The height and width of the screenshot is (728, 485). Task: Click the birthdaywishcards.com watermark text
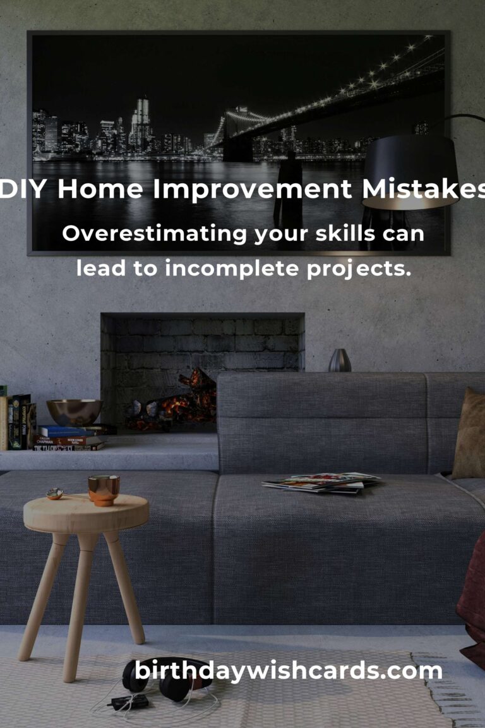tap(289, 670)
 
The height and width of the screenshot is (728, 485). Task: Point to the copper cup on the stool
tap(104, 490)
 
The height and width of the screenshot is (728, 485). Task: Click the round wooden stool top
tap(86, 512)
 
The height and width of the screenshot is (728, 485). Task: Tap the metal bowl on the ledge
tap(75, 412)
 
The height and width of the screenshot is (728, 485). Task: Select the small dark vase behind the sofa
tap(339, 360)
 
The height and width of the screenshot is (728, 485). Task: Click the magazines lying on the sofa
tap(322, 482)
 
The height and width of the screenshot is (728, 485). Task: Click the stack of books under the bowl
tap(69, 439)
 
